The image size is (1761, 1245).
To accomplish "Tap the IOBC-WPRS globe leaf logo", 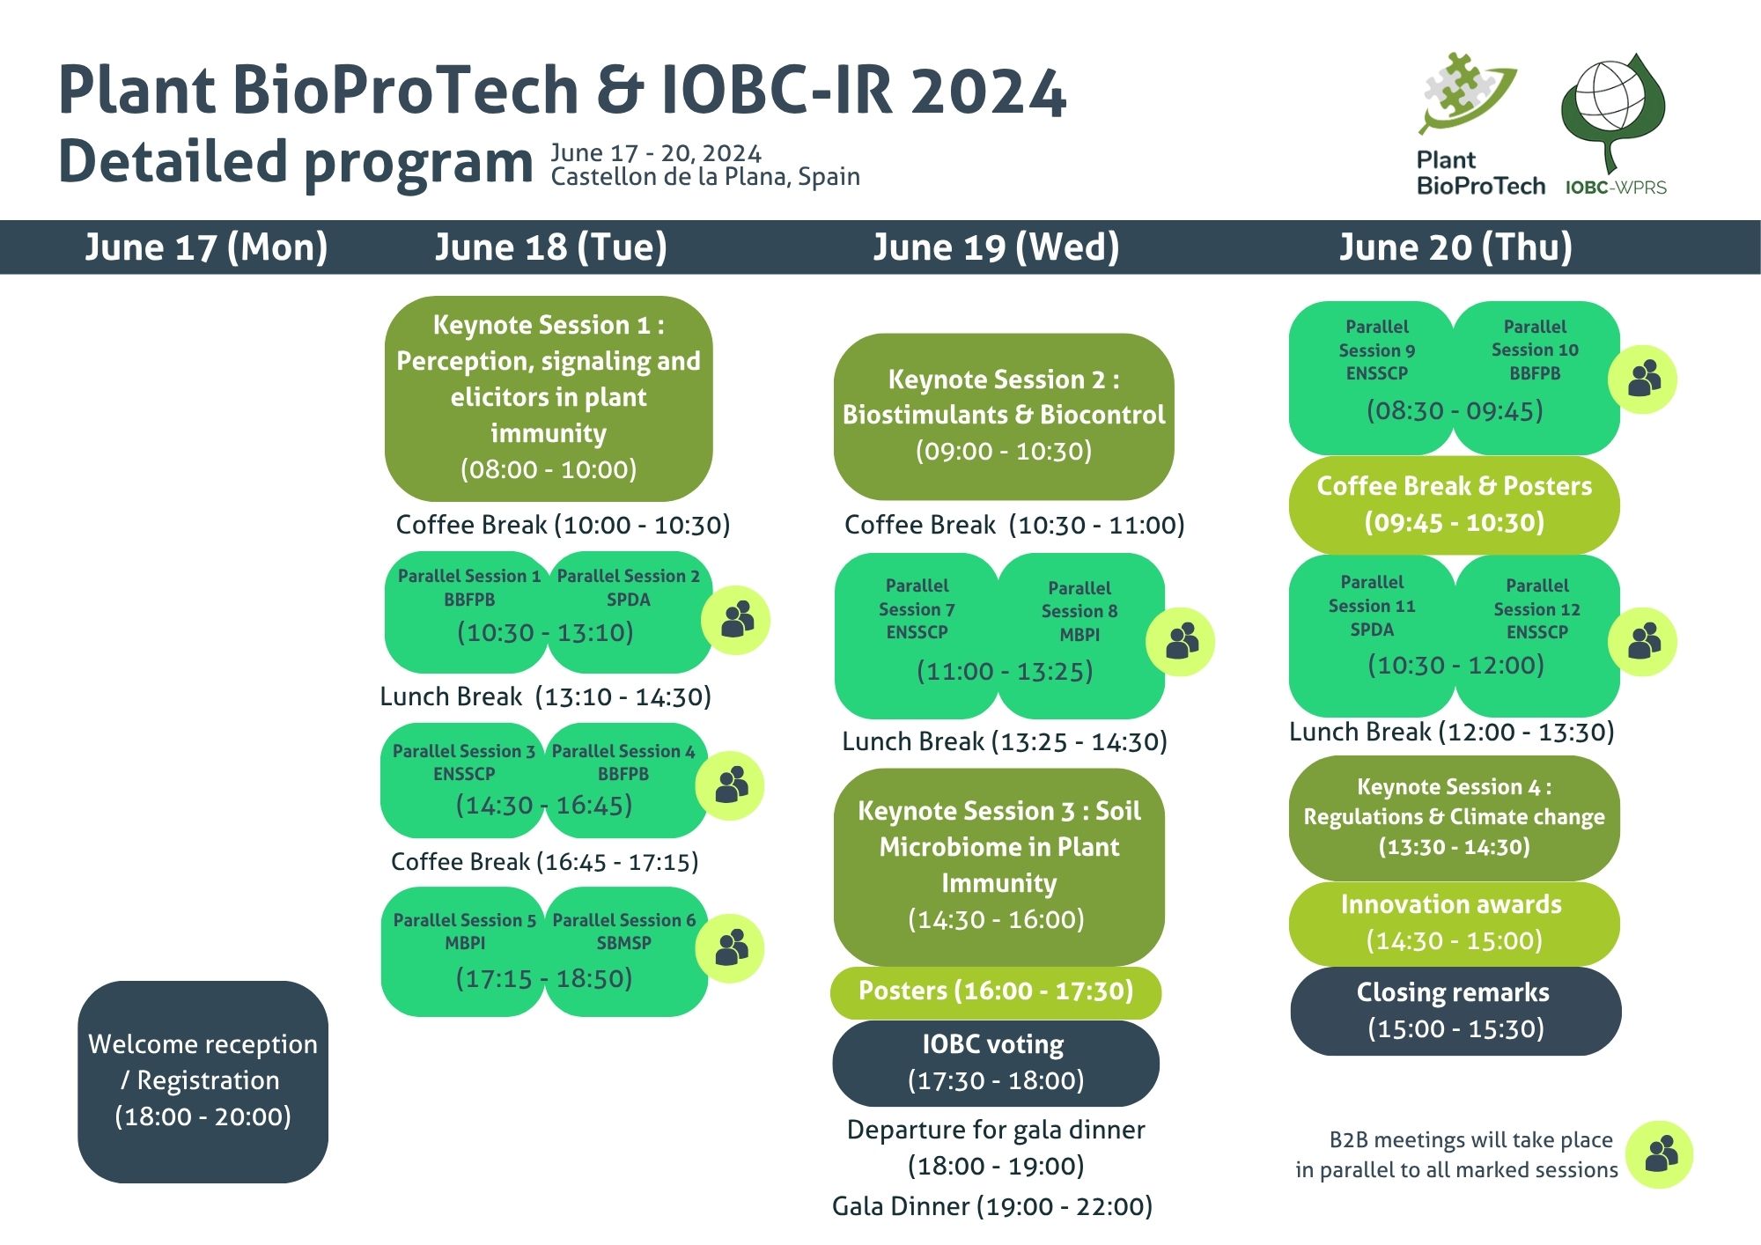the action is click(x=1613, y=111).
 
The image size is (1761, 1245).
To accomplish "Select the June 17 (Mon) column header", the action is click(x=206, y=247).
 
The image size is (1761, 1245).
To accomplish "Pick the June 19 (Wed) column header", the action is click(x=996, y=247).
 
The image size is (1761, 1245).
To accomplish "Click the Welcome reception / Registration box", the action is click(x=203, y=1081).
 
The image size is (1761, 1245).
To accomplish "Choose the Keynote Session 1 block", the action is click(x=549, y=398).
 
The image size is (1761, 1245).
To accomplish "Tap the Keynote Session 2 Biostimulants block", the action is click(x=1004, y=416).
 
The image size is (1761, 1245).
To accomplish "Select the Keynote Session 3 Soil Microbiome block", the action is click(x=998, y=866).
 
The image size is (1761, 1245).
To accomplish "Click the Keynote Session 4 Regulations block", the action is click(x=1454, y=817).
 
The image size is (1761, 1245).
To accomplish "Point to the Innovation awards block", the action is click(x=1454, y=923).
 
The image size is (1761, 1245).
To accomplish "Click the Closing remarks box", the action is click(x=1455, y=1011).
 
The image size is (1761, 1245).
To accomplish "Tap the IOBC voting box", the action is click(x=996, y=1063).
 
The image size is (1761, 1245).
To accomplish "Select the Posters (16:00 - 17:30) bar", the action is click(x=996, y=992).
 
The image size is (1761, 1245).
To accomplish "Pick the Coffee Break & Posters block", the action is click(x=1454, y=505).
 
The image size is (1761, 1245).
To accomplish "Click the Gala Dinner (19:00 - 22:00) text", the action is click(x=992, y=1206).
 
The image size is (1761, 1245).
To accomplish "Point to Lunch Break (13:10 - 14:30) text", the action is click(x=545, y=696).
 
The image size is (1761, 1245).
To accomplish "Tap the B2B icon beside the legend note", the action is click(x=1660, y=1154).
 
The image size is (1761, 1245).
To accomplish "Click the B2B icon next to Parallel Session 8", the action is click(x=1180, y=642).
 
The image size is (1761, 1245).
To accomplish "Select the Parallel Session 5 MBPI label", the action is click(x=465, y=931).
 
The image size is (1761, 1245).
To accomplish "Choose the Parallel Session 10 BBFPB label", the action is click(x=1535, y=350).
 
